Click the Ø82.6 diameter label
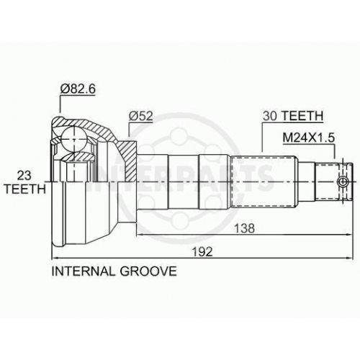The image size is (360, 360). click(x=78, y=89)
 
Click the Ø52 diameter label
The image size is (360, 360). click(x=140, y=116)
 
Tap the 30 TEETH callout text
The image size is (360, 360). click(x=293, y=116)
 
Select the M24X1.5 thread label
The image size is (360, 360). click(x=308, y=138)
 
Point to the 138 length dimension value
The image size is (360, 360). click(x=244, y=228)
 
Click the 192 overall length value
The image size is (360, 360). click(x=202, y=252)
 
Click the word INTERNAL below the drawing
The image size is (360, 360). click(x=84, y=271)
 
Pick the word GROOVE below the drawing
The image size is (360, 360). click(x=148, y=271)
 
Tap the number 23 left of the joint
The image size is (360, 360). click(x=24, y=176)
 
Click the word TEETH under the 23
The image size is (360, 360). click(x=24, y=189)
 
